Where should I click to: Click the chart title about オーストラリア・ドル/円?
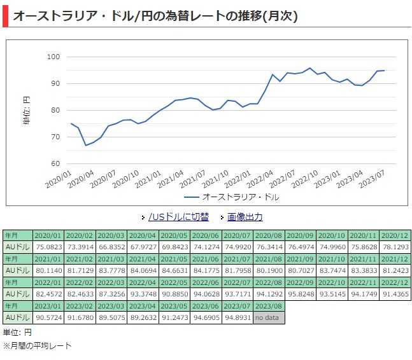point(155,16)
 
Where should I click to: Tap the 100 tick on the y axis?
point(53,57)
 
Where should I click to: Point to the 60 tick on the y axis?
point(55,163)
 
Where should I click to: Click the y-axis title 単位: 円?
point(26,109)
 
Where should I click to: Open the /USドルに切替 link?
point(178,217)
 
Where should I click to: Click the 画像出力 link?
point(245,217)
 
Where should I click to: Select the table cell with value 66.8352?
point(111,247)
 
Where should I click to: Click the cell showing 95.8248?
point(301,294)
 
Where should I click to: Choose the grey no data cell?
point(269,317)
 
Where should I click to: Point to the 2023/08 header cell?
point(269,306)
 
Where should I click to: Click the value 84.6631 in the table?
point(174,270)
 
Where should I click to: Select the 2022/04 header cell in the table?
point(142,282)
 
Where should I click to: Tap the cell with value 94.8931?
point(237,317)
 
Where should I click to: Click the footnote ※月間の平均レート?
point(38,346)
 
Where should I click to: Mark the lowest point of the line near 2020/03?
point(86,145)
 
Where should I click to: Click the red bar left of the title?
point(5,16)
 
